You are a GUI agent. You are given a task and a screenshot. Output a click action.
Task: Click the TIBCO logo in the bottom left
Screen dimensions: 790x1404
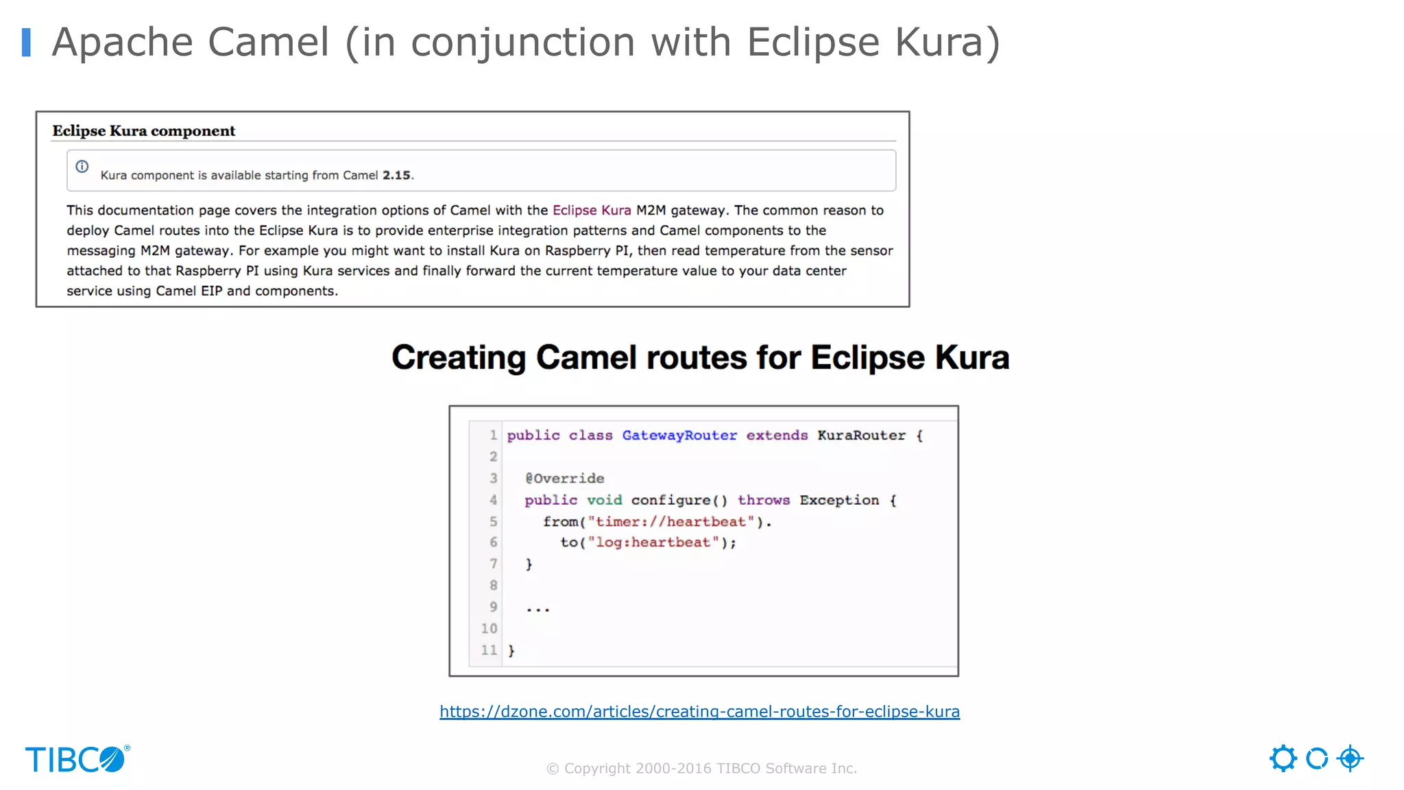tap(77, 760)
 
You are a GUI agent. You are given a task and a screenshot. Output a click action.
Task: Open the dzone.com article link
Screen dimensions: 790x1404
tap(699, 712)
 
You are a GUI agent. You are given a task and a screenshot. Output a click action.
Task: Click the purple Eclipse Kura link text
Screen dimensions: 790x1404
tap(592, 211)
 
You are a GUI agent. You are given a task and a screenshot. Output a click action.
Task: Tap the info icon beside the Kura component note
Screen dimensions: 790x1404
tap(82, 167)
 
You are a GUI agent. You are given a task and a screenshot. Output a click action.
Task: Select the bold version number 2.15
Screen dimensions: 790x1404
tap(397, 176)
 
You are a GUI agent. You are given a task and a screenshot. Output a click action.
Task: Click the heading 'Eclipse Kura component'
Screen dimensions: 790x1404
tap(144, 131)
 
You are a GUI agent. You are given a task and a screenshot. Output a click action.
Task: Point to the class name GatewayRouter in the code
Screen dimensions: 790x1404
tap(679, 435)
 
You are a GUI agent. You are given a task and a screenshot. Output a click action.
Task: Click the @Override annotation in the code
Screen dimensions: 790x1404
tap(565, 479)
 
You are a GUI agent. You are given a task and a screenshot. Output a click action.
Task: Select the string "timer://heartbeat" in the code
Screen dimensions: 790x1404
tap(671, 522)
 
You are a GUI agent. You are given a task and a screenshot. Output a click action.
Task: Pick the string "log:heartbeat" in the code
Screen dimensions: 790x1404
tap(653, 542)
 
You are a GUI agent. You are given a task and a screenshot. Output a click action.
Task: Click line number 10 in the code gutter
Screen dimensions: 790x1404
tap(489, 628)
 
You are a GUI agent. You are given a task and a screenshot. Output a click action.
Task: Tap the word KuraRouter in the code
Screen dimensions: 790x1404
tap(861, 435)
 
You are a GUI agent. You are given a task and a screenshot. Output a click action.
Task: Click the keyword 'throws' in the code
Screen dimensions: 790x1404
tap(764, 500)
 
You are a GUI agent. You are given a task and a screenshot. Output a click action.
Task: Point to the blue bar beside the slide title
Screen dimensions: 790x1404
tap(26, 43)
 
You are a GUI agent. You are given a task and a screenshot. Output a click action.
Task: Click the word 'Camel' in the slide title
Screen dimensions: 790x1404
tap(269, 43)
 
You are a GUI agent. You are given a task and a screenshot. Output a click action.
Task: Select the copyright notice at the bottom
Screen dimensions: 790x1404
tap(701, 769)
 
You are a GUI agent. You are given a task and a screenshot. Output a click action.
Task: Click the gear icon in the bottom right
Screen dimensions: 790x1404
tap(1283, 758)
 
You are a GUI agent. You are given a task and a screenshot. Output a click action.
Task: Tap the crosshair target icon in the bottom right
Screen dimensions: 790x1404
tap(1350, 758)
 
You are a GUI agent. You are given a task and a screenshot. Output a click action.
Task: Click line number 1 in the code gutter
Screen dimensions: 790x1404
tap(493, 435)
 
